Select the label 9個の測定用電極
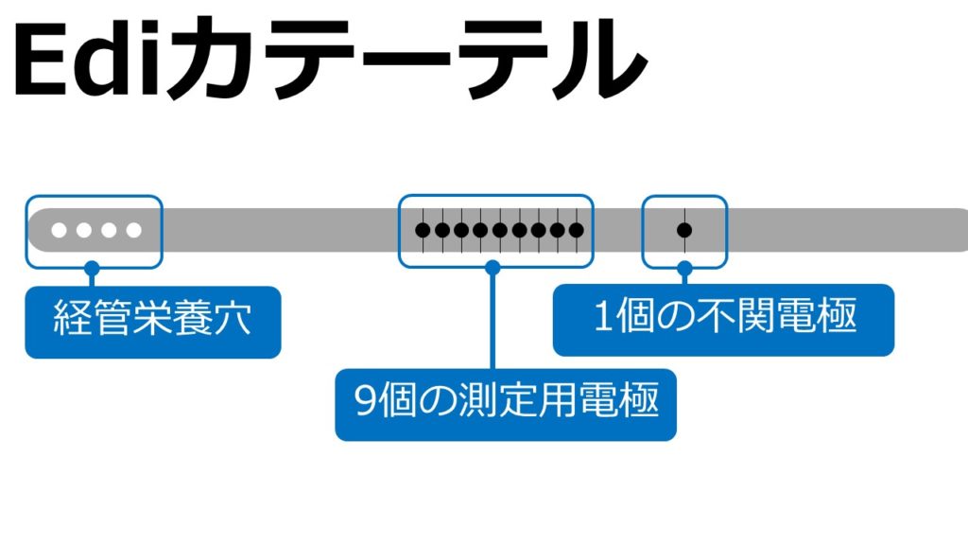point(506,404)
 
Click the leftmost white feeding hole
point(60,230)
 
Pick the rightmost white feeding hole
point(133,230)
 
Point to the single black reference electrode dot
point(684,230)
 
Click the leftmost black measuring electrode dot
point(423,230)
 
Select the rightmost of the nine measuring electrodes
point(576,230)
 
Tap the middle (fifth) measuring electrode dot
point(499,230)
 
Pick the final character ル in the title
point(596,62)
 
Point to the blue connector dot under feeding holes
point(92,268)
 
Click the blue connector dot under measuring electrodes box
point(492,268)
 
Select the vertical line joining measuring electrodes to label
point(492,322)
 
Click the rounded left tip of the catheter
point(34,230)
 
